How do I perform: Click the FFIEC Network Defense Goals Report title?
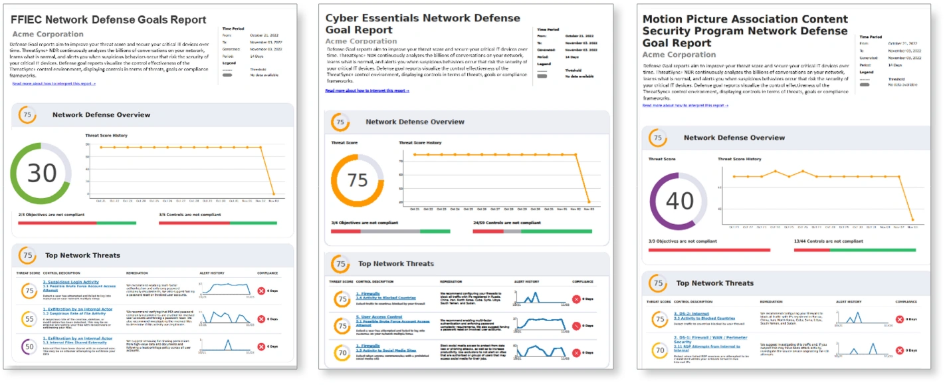pos(108,21)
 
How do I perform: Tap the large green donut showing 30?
pos(41,174)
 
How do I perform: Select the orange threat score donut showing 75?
pos(358,180)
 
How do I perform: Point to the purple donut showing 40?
pos(679,201)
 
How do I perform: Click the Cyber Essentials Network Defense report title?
pos(423,24)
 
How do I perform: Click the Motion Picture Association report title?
pos(745,31)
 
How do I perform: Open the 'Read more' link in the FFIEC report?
pos(54,84)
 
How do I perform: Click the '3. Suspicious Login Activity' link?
pos(71,282)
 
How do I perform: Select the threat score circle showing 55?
pos(29,319)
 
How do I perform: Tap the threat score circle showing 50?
pos(29,347)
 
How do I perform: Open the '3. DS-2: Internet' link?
pos(691,313)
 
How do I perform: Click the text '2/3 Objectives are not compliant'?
pos(51,215)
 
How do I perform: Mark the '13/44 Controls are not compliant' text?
pos(828,241)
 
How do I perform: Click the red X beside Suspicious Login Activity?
pos(261,291)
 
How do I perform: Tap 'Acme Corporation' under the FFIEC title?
pos(48,34)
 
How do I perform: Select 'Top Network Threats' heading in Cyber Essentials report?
pos(395,264)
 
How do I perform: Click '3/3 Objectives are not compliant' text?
pos(683,241)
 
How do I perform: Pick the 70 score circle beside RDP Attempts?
pos(659,349)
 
